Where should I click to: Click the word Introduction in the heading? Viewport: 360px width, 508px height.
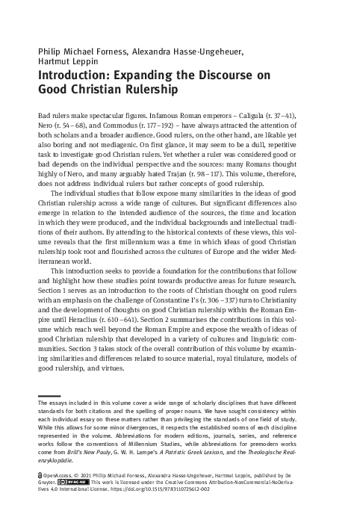(x=72, y=76)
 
